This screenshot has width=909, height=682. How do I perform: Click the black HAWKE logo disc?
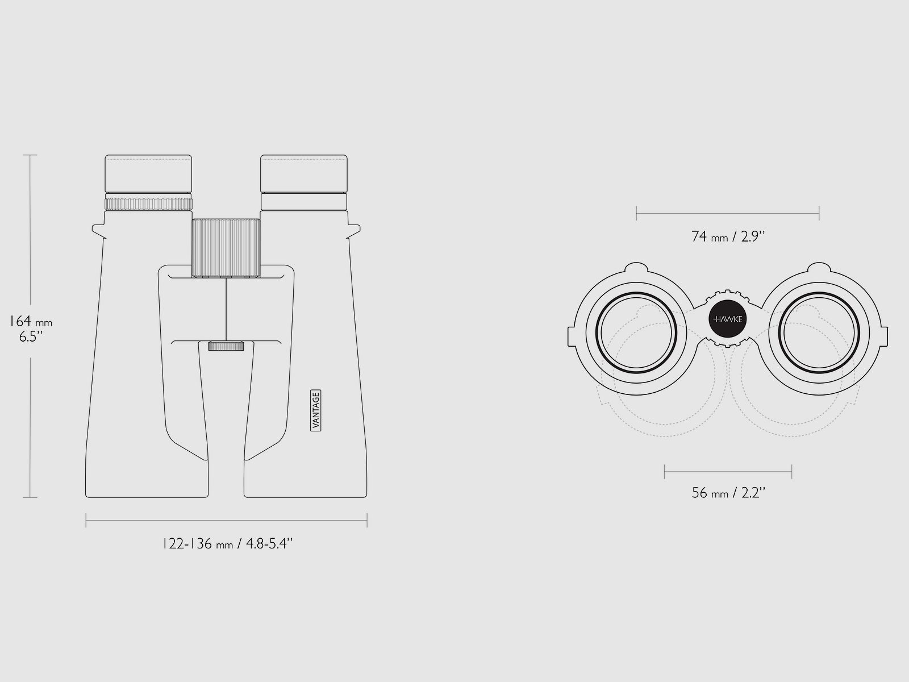(x=728, y=319)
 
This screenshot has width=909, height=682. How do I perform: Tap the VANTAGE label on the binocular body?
(x=315, y=410)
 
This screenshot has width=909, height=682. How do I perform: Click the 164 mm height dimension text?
(x=31, y=321)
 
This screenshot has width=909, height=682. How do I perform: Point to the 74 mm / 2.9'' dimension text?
(x=728, y=236)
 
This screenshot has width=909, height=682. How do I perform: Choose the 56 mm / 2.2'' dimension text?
(x=728, y=493)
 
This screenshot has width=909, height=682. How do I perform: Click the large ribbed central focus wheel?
(x=226, y=248)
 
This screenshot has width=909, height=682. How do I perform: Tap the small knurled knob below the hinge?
(x=226, y=346)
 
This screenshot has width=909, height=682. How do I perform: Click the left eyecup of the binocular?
(x=148, y=173)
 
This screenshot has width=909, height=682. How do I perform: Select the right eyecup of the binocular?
(x=304, y=173)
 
